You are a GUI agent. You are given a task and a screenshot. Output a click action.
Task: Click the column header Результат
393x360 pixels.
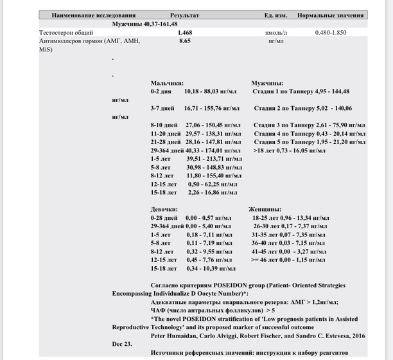(x=184, y=14)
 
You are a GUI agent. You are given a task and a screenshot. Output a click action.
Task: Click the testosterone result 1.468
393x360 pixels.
(x=186, y=32)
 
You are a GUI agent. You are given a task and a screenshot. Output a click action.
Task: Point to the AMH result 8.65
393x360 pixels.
(x=185, y=40)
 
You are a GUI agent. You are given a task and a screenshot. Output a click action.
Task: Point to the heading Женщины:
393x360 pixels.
(x=265, y=210)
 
